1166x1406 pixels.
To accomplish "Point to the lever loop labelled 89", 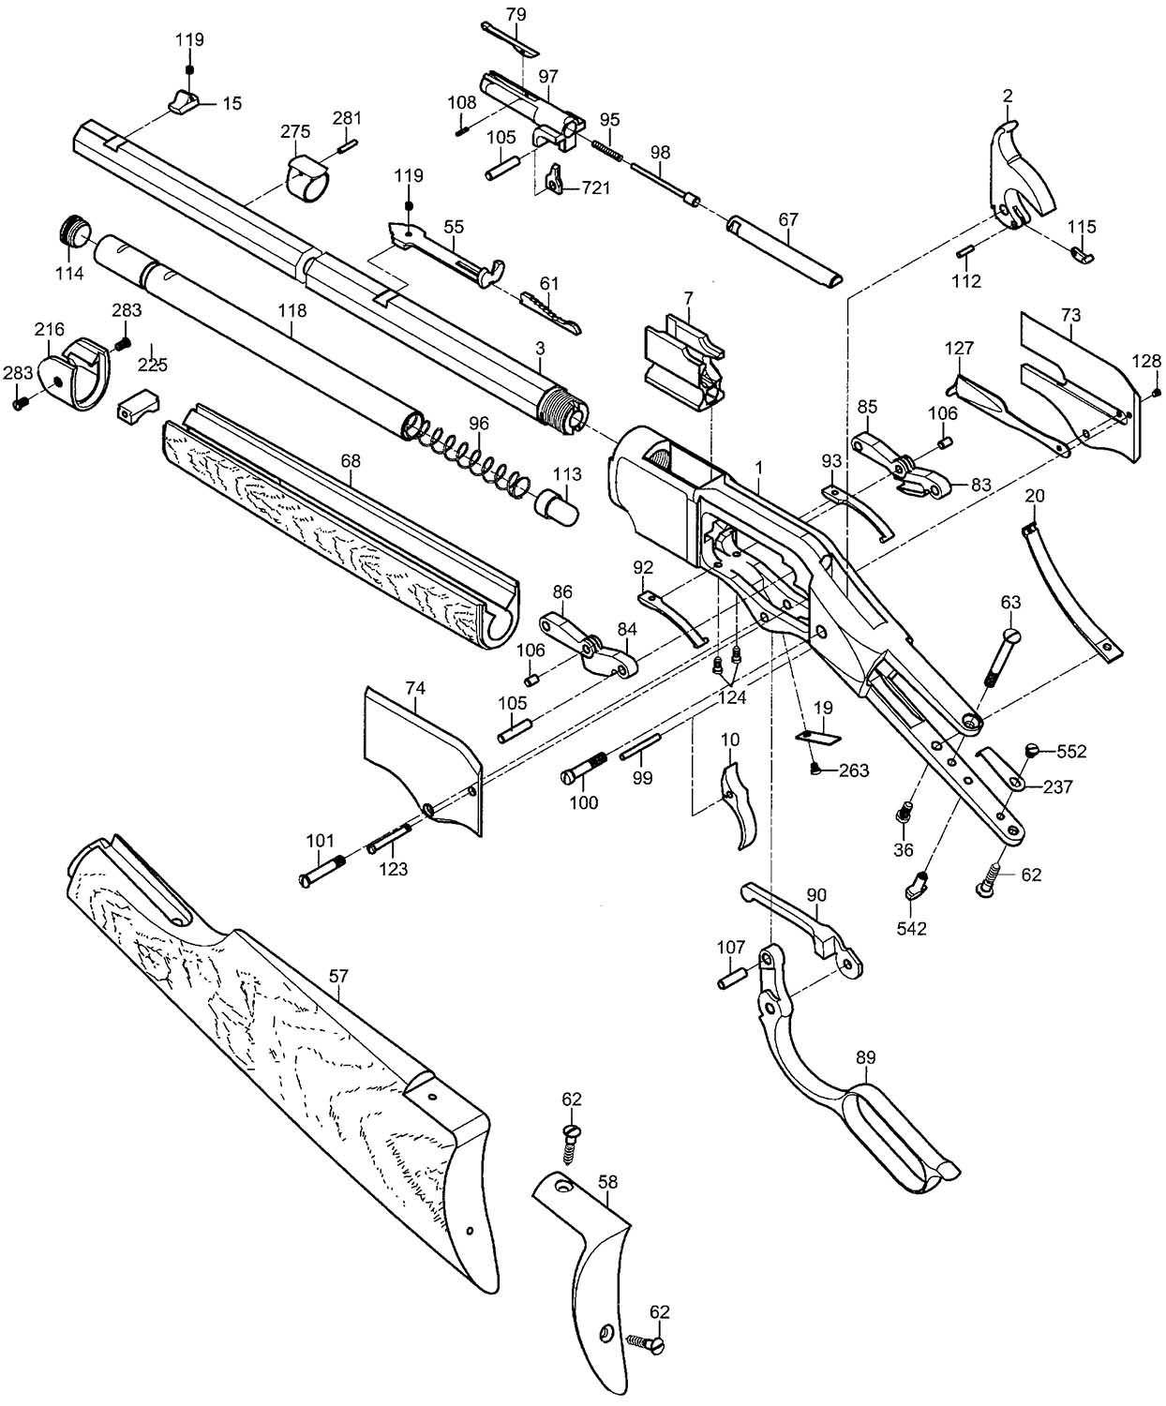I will pyautogui.click(x=844, y=1106).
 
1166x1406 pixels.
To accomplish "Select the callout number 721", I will pyautogui.click(x=595, y=187).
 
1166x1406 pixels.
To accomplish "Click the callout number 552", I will pyautogui.click(x=1071, y=751).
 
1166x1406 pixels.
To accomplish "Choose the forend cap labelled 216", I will pyautogui.click(x=75, y=375).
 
